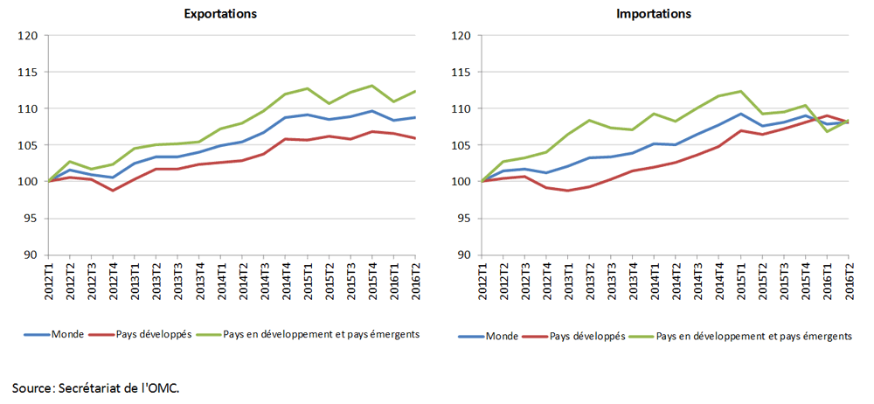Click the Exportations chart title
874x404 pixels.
coord(221,14)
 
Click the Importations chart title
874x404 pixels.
coord(654,14)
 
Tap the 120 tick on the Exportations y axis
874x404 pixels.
coord(27,36)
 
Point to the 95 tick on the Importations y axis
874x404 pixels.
coord(462,219)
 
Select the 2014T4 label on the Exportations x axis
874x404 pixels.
coord(286,277)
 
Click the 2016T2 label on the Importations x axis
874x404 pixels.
coord(849,277)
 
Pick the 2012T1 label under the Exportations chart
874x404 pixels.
coord(48,277)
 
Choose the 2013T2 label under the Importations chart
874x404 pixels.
coord(590,277)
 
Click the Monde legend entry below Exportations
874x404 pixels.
coord(53,335)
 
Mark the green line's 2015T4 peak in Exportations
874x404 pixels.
coord(371,86)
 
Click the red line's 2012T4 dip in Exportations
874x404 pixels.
coord(113,191)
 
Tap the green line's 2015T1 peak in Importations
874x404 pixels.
coord(741,91)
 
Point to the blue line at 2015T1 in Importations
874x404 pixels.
coord(741,114)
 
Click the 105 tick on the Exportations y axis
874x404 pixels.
coord(27,145)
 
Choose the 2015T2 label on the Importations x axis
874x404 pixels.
coord(762,277)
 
